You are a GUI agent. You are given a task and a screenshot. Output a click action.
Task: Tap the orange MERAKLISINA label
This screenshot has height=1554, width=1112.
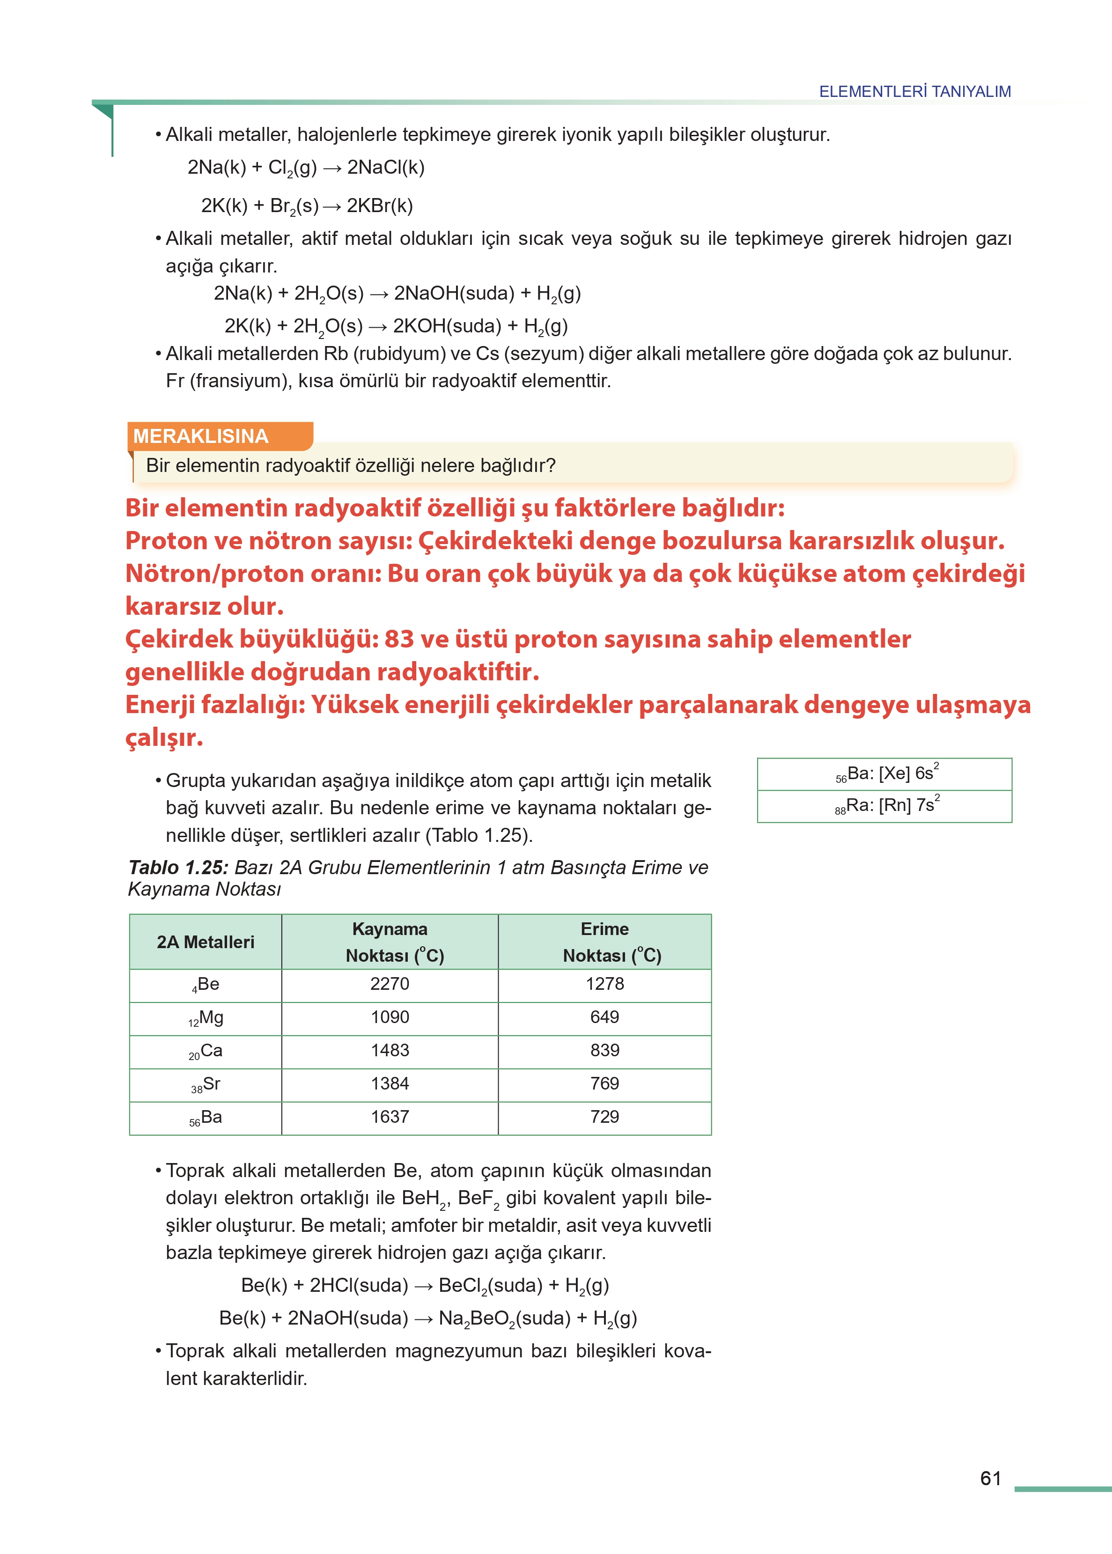(200, 436)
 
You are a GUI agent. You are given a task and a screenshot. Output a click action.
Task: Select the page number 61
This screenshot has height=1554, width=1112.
(990, 1478)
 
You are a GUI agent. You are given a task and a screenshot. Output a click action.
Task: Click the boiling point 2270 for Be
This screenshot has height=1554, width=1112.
(390, 984)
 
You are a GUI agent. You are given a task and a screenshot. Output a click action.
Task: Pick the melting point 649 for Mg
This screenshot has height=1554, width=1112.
(604, 1016)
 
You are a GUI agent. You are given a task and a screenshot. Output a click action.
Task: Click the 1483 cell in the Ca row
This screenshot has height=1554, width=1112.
(390, 1050)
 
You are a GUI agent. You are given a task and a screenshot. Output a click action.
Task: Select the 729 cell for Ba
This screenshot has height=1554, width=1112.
(604, 1117)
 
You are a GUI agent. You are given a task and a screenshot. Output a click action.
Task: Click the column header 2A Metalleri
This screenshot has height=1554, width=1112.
(206, 942)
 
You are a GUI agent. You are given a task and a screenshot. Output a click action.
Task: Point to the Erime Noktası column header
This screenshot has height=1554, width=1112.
(605, 942)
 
